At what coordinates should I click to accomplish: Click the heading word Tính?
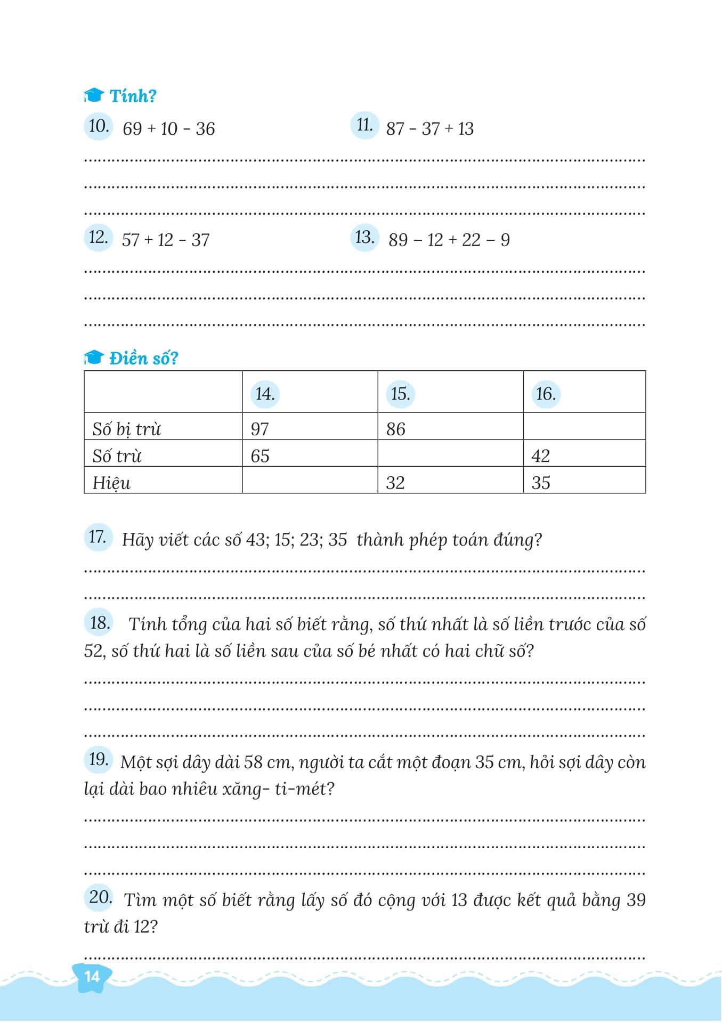[133, 96]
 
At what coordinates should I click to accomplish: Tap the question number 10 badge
[99, 127]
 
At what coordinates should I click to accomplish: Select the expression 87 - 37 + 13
[429, 129]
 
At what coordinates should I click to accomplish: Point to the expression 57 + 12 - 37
[165, 240]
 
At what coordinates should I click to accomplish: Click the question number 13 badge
[364, 238]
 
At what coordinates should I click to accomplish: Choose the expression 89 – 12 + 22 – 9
[449, 240]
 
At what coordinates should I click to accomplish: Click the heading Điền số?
[143, 358]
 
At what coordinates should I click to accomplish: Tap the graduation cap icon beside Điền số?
[93, 357]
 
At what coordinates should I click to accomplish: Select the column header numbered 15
[400, 394]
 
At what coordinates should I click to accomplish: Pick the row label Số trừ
[117, 456]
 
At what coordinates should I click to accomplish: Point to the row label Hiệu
[111, 483]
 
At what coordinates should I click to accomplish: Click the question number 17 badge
[98, 537]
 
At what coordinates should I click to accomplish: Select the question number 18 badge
[99, 622]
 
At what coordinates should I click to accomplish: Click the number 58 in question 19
[253, 762]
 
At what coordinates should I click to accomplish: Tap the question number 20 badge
[100, 897]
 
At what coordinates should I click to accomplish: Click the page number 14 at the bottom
[93, 976]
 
